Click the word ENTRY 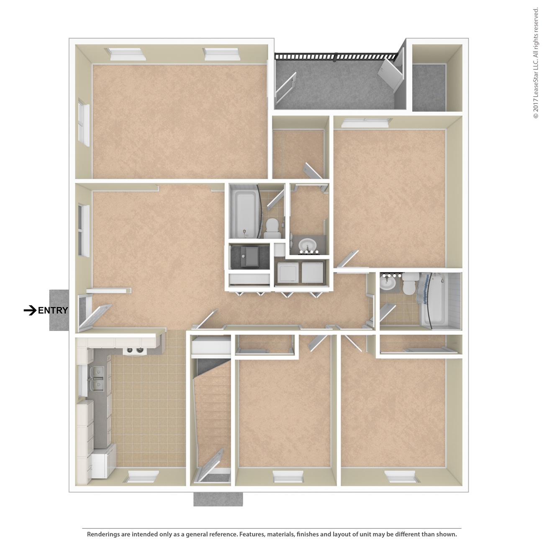tap(53, 310)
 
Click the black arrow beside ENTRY tap(30, 310)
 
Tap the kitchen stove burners tap(135, 350)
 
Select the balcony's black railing tap(336, 56)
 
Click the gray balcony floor tap(336, 85)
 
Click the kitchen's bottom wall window tap(141, 476)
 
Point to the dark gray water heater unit tap(250, 257)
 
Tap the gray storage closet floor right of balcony tap(429, 87)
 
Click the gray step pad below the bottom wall tap(218, 499)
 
